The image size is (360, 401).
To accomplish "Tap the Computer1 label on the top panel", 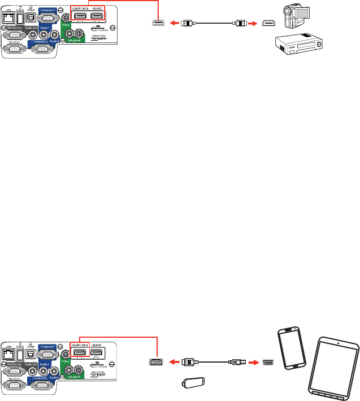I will point(48,8).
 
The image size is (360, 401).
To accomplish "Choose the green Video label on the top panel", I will point(66,26).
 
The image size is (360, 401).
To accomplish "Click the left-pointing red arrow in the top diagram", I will point(175,24).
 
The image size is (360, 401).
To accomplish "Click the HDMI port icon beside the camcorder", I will point(271,24).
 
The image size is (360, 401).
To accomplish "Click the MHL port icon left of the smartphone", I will point(269,361).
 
